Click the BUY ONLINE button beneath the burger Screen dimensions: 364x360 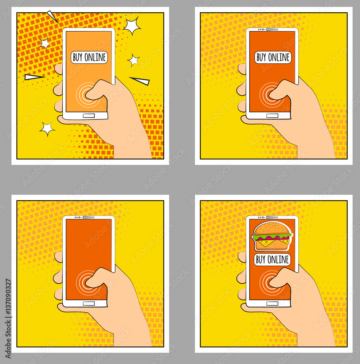coord(273,260)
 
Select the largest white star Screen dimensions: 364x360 coord(132,26)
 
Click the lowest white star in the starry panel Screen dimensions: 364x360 coord(47,128)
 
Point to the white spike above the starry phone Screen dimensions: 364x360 coord(53,16)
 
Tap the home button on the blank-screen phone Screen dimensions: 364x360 coord(89,303)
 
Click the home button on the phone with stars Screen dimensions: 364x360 coord(89,116)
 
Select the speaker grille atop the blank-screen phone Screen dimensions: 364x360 coord(89,217)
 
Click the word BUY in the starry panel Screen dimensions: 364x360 coord(78,57)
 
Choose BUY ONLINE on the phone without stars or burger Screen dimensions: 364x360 coord(273,57)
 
